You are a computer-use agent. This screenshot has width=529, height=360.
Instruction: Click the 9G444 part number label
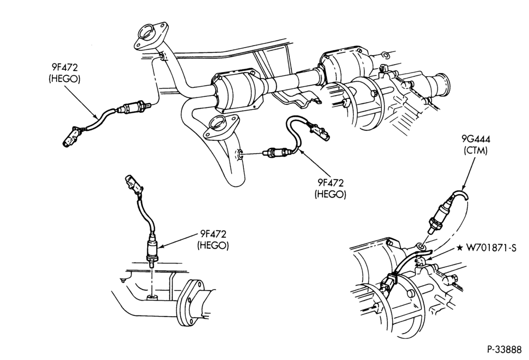point(476,139)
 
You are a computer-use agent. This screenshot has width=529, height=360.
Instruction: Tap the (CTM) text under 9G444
point(476,150)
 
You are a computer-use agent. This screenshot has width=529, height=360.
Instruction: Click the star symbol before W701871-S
point(460,248)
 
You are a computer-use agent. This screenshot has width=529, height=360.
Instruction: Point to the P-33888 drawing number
point(504,349)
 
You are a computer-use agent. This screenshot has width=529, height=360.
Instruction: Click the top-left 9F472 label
point(65,67)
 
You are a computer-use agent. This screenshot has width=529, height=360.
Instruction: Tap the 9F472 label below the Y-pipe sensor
point(330,183)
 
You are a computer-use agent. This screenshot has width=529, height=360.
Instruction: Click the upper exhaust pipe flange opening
point(147,32)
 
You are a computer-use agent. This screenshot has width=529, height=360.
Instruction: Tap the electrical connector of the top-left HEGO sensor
point(71,137)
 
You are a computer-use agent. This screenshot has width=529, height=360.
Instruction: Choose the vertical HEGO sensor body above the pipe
point(152,249)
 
